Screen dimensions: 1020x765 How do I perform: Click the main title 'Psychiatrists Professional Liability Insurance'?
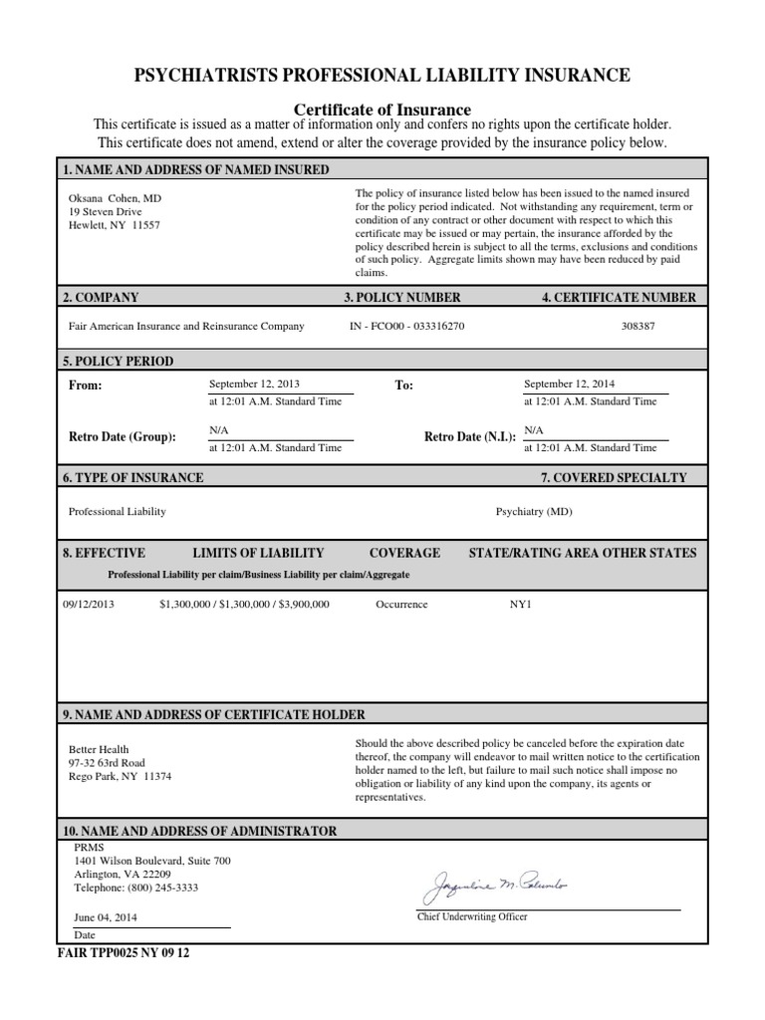coord(382,75)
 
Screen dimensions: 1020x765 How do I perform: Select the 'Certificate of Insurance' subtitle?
coord(382,109)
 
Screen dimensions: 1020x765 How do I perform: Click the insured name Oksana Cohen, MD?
coord(115,198)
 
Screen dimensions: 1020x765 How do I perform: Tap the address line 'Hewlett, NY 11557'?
coord(114,224)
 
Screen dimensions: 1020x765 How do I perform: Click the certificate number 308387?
coord(638,326)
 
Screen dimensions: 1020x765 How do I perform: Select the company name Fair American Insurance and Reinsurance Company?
coord(186,326)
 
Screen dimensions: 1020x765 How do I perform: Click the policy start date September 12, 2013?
coord(254,382)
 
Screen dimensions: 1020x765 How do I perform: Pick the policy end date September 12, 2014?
coord(569,382)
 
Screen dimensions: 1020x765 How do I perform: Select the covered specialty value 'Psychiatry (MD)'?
coord(534,511)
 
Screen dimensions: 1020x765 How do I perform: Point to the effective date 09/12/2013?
coord(89,604)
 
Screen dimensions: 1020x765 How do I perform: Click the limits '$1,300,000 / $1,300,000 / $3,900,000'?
coord(244,604)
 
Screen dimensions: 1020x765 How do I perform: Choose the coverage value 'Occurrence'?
coord(401,604)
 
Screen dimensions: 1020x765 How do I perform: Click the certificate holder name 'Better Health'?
coord(99,749)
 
